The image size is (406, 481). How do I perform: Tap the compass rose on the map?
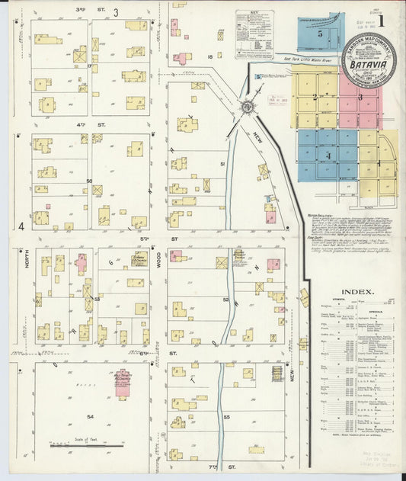click(x=248, y=107)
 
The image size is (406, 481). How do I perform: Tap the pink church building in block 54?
click(x=123, y=382)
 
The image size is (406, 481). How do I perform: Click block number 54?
click(x=90, y=416)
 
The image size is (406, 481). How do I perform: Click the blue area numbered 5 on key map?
click(x=320, y=35)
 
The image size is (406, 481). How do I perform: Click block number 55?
click(x=226, y=417)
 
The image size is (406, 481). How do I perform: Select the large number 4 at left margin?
click(x=22, y=226)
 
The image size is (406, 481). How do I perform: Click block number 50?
click(x=89, y=181)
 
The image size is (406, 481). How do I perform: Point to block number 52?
click(x=225, y=300)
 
